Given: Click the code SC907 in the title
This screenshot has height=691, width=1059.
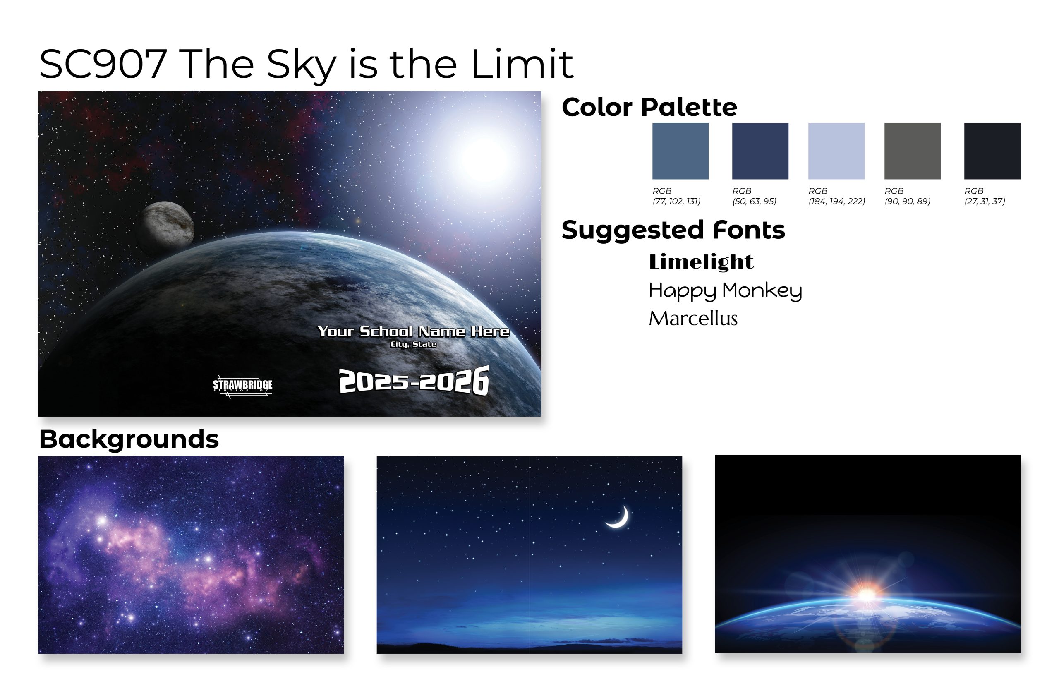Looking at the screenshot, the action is pyautogui.click(x=103, y=64).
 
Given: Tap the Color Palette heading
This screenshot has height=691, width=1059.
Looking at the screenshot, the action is pyautogui.click(x=649, y=107).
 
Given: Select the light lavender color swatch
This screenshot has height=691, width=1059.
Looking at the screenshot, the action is pyautogui.click(x=836, y=151).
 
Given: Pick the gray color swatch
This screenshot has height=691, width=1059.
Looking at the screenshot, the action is pyautogui.click(x=912, y=151).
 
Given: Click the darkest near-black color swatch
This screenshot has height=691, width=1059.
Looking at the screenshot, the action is pyautogui.click(x=992, y=151).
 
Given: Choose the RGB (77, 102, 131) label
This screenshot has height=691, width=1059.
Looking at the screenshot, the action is pyautogui.click(x=676, y=196).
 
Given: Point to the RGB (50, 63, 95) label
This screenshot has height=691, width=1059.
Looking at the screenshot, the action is pyautogui.click(x=754, y=196).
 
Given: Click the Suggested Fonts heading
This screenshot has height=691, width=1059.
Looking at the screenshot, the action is pyautogui.click(x=673, y=230).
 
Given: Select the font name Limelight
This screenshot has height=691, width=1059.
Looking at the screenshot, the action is pyautogui.click(x=701, y=262).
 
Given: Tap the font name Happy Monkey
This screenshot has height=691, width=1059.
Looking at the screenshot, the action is pyautogui.click(x=725, y=291).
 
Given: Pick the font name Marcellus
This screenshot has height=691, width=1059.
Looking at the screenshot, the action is pyautogui.click(x=693, y=319).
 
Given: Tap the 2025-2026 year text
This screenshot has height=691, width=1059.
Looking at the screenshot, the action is pyautogui.click(x=414, y=380).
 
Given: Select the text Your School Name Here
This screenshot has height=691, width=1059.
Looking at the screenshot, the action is pyautogui.click(x=413, y=331).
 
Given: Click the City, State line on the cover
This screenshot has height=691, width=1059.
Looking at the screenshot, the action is pyautogui.click(x=413, y=344).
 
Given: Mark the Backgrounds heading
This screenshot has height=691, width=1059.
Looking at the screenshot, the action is pyautogui.click(x=129, y=439).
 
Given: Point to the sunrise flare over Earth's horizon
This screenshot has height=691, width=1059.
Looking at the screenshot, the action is pyautogui.click(x=866, y=593).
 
